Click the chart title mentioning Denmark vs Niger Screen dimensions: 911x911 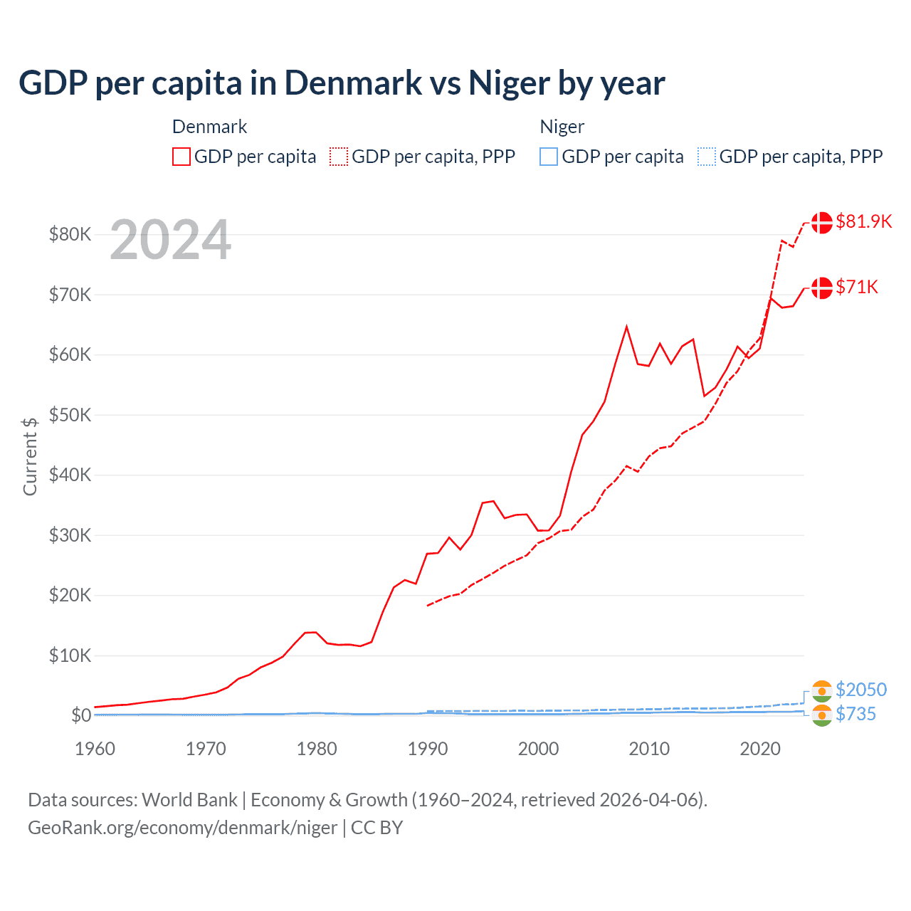(342, 83)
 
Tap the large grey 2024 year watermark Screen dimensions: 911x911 (170, 240)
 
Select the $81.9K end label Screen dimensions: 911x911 (863, 221)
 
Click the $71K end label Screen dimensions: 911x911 (857, 287)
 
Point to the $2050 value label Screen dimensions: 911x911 (861, 690)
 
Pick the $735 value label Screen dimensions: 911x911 (855, 714)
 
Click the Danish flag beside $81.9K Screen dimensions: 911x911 (821, 222)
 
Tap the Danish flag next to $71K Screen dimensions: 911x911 (821, 288)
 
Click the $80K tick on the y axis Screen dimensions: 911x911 (70, 234)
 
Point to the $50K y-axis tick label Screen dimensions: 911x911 (70, 415)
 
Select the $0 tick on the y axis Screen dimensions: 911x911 (80, 715)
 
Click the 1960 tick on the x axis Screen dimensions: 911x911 (95, 749)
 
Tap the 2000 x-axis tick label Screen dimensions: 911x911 (539, 749)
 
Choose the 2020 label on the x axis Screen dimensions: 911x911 (760, 749)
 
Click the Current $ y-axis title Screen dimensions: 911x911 (30, 456)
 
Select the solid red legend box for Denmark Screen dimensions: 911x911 (181, 157)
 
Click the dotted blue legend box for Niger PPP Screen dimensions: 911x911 (707, 157)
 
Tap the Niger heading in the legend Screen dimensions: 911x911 (562, 127)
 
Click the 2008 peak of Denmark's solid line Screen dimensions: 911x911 (626, 327)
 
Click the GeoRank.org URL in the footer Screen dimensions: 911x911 (182, 828)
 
